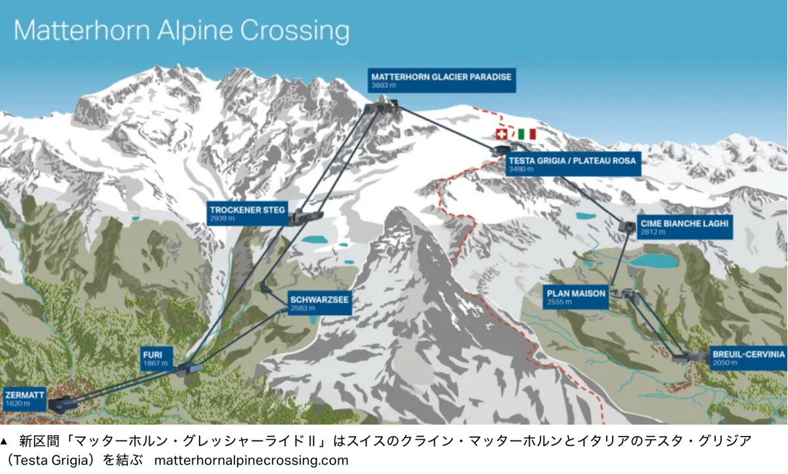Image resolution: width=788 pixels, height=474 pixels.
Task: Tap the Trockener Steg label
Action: pyautogui.click(x=248, y=214)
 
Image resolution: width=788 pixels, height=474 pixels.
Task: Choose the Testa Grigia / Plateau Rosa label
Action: pyautogui.click(x=573, y=164)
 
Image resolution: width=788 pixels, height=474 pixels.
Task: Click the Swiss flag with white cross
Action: pyautogui.click(x=502, y=134)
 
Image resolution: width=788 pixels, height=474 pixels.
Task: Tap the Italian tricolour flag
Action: pyautogui.click(x=527, y=134)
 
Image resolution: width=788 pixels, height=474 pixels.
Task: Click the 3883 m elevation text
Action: pyautogui.click(x=384, y=85)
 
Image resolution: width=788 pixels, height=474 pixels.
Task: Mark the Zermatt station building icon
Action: pyautogui.click(x=64, y=403)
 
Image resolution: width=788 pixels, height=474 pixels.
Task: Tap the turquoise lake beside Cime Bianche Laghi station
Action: pyautogui.click(x=654, y=260)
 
